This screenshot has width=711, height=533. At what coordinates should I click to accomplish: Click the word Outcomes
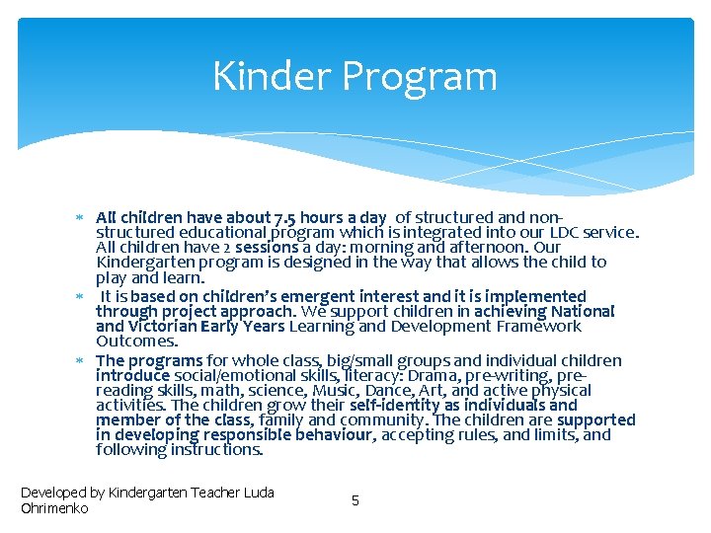pos(137,341)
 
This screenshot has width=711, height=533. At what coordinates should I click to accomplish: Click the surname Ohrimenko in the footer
pos(55,508)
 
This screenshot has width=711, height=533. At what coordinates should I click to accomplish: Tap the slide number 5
pos(355,500)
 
